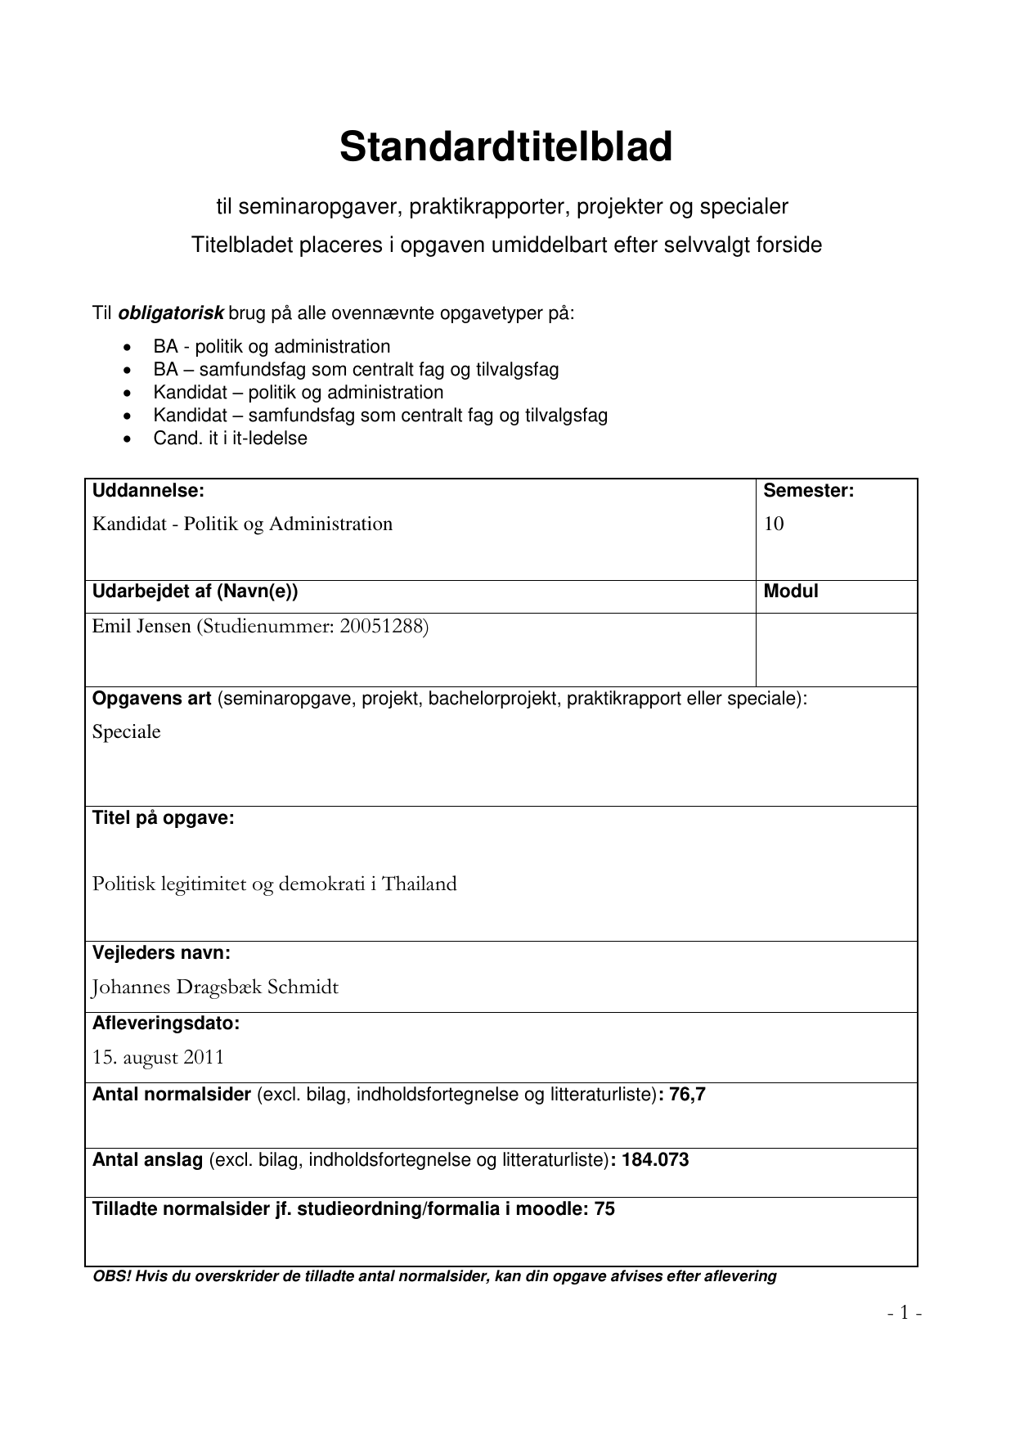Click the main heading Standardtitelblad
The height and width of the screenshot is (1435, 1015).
coord(505,148)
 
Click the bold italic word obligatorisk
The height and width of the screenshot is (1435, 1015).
coord(171,313)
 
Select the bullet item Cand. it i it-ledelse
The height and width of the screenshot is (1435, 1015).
coord(230,439)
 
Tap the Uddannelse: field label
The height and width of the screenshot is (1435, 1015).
coord(148,491)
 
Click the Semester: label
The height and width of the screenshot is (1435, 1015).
coord(808,491)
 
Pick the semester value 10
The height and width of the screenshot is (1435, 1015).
coord(774,524)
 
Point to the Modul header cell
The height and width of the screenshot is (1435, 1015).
coord(790,592)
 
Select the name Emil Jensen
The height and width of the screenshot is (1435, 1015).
coord(141,627)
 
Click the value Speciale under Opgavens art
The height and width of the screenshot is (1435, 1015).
coord(126,732)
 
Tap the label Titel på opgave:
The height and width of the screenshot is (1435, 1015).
coord(163,818)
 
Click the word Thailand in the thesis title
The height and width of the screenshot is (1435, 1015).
coord(419,884)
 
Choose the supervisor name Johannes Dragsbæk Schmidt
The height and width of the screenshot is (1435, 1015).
coord(214,987)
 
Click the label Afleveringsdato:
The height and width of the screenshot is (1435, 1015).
coord(165,1023)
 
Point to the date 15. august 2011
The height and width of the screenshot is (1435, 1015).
coord(158,1058)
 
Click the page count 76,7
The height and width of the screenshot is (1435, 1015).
coord(687,1095)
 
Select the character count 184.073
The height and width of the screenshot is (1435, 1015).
coord(655,1160)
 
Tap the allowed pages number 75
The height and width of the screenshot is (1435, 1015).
coord(604,1209)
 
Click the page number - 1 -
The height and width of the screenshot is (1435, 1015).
coord(905,1313)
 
